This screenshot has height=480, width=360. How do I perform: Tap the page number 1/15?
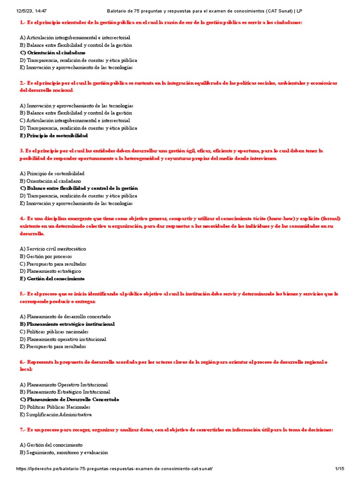[x=339, y=469]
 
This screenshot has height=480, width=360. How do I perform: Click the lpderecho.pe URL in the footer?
[x=115, y=469]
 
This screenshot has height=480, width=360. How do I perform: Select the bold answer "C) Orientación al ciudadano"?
[x=52, y=52]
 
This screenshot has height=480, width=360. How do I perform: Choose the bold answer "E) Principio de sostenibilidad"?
[x=54, y=135]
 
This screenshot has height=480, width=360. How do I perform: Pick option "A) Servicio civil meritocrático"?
[x=53, y=249]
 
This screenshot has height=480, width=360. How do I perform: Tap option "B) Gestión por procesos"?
[x=46, y=256]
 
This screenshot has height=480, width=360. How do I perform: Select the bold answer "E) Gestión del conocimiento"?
[x=52, y=278]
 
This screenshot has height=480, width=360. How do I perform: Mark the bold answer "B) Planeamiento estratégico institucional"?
[x=67, y=324]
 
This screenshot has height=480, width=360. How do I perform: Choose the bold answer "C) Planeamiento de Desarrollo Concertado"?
[x=69, y=399]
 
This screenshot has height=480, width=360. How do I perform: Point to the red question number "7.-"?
[x=24, y=430]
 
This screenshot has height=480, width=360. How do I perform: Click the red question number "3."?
[x=22, y=151]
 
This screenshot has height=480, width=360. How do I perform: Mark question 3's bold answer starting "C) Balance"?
[x=79, y=188]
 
